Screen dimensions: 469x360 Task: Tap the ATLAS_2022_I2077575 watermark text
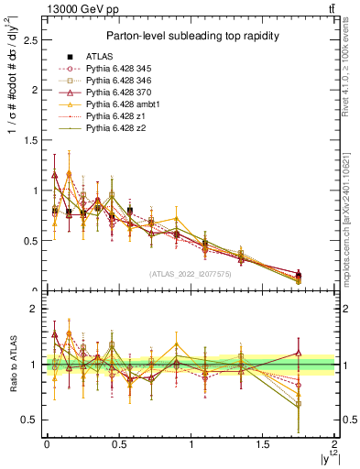(x=191, y=274)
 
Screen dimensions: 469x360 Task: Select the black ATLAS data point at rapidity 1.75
(x=299, y=275)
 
